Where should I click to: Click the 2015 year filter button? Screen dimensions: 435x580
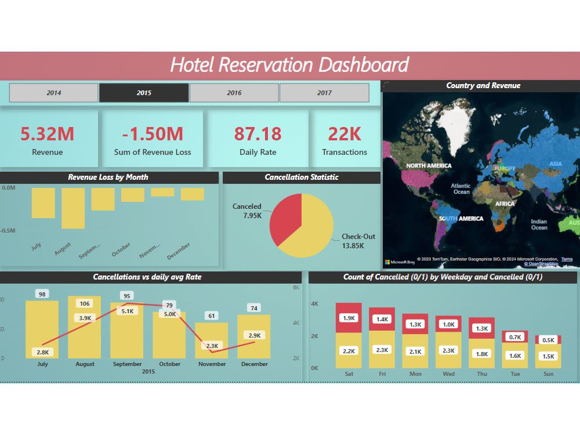[x=144, y=93]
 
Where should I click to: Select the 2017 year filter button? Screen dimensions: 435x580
[x=324, y=93]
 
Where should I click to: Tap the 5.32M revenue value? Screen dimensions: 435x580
[x=48, y=134]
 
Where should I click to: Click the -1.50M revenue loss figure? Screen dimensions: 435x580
[x=153, y=134]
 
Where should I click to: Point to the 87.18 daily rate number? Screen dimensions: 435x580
[x=258, y=134]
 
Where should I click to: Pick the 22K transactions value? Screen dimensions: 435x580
[x=345, y=134]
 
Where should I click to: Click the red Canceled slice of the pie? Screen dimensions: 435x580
[x=285, y=217]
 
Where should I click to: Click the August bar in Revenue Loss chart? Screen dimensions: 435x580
[x=73, y=208]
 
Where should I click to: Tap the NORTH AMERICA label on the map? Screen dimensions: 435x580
[x=429, y=166]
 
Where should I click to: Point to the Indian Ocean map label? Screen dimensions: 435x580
[x=539, y=224]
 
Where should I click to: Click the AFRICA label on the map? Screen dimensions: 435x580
[x=505, y=204]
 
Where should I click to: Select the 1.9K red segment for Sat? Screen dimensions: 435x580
[x=349, y=318]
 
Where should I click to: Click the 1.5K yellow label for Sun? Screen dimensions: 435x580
[x=548, y=356]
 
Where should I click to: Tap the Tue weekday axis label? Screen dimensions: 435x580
[x=515, y=374]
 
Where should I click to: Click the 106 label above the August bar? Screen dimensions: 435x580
[x=85, y=304]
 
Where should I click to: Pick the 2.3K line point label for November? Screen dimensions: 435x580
[x=212, y=346]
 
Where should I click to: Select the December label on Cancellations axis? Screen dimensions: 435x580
[x=254, y=364]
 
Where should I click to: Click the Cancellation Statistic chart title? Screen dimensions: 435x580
[x=302, y=177]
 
